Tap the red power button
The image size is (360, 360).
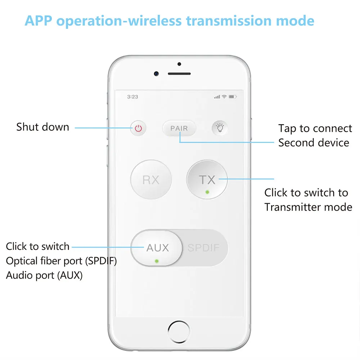[x=139, y=128]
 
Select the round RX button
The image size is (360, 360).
[x=151, y=180]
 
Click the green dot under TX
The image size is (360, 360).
[x=207, y=192]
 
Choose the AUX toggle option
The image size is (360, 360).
[x=157, y=248]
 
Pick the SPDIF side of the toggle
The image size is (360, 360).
[x=203, y=248]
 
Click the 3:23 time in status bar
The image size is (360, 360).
[x=132, y=97]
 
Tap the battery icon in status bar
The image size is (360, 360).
[x=233, y=97]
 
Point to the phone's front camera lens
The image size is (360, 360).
[x=157, y=73]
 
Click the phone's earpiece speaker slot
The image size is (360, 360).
[x=179, y=74]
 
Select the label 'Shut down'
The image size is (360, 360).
[x=42, y=127]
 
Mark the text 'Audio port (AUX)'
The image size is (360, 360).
[x=44, y=276]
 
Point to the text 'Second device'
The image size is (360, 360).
[x=314, y=143]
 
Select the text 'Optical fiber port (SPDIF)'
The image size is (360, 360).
[x=61, y=261]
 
